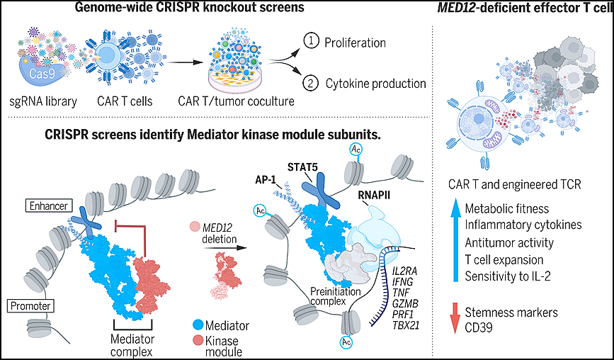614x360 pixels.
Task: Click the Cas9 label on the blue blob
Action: (42, 73)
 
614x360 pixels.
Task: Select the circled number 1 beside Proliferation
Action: (312, 41)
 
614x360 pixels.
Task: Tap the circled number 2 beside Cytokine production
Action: (310, 83)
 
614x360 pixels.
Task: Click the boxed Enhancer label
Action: (49, 206)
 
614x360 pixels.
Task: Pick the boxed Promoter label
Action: (30, 305)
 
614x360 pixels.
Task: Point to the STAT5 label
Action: (302, 167)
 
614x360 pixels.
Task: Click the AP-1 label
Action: (265, 180)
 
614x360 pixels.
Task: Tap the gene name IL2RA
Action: (404, 271)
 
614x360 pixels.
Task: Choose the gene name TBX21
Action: (406, 325)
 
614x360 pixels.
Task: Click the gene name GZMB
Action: (405, 303)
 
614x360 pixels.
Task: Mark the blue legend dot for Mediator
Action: (198, 325)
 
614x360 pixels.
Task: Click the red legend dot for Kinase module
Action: (198, 340)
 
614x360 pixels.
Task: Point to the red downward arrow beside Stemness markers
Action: (455, 318)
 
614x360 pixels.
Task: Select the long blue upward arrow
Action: (455, 239)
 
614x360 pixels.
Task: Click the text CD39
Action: (479, 327)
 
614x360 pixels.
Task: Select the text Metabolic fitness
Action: (506, 208)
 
